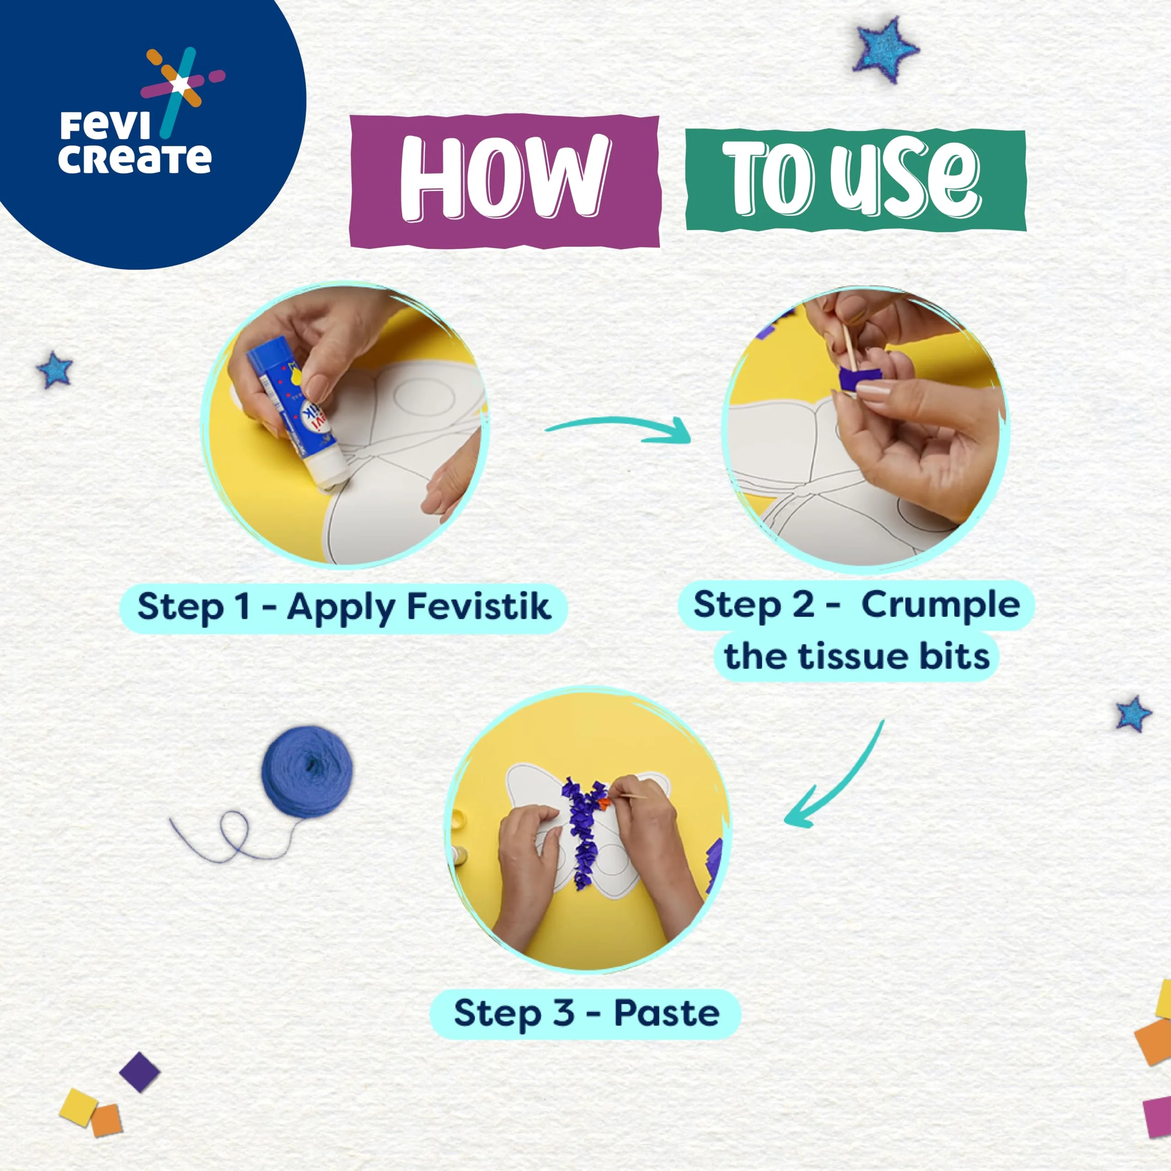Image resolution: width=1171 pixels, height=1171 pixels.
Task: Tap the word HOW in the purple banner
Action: [x=504, y=177]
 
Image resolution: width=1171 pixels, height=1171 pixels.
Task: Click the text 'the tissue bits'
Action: [x=856, y=656]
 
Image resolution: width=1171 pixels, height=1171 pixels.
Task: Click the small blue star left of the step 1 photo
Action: [x=54, y=370]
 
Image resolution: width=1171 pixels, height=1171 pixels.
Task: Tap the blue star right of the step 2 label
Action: [x=1133, y=714]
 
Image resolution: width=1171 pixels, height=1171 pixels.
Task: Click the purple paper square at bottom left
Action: [x=140, y=1072]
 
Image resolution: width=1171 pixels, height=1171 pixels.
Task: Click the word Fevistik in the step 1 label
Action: [x=479, y=606]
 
